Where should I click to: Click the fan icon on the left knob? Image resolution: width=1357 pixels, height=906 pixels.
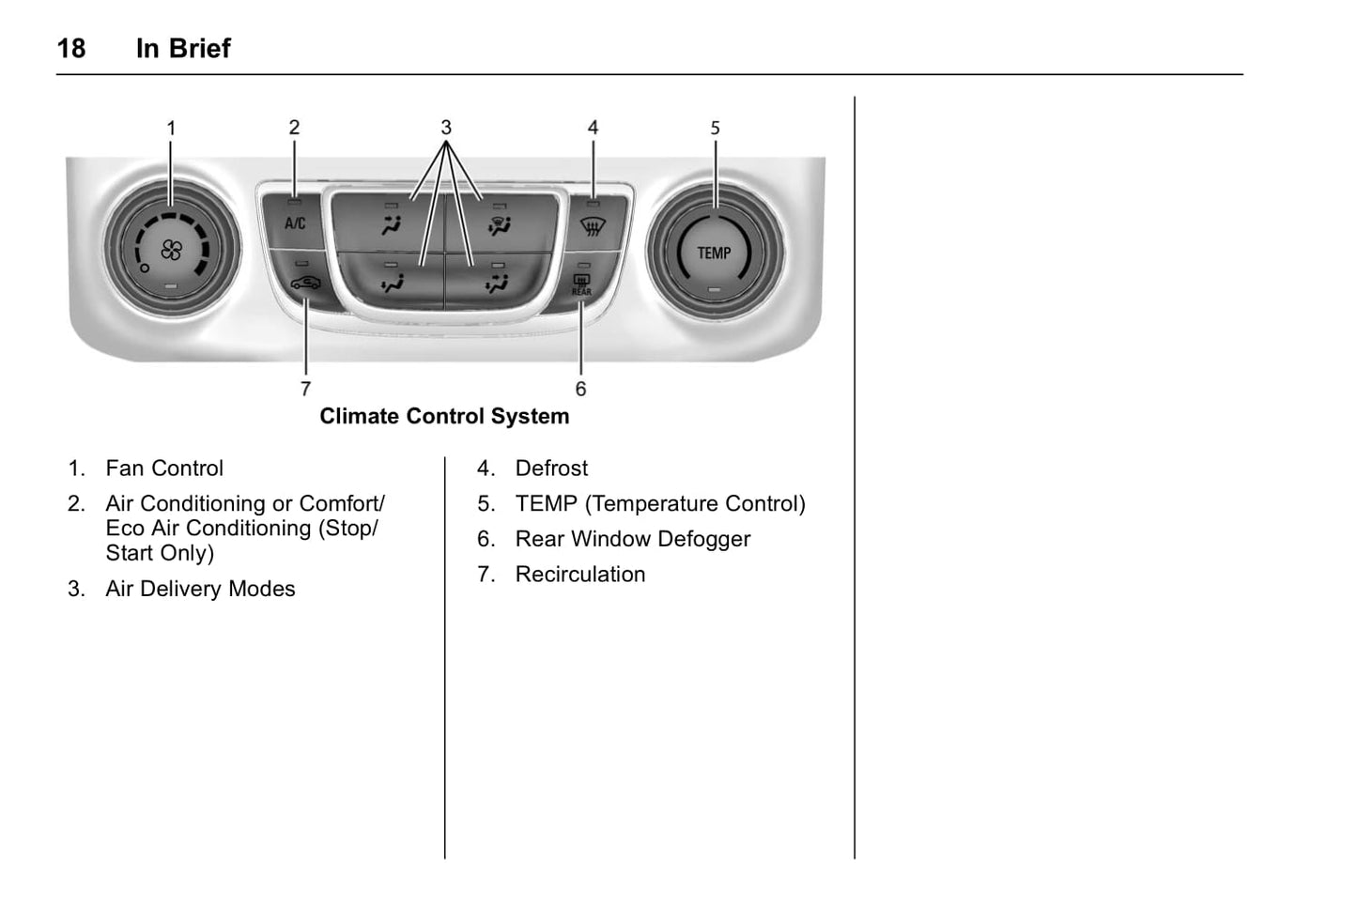click(x=171, y=250)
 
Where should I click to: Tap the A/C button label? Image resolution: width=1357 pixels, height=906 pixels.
click(x=295, y=223)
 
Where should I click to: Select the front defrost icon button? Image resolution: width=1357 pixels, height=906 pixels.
click(x=593, y=226)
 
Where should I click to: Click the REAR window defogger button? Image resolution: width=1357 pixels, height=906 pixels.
click(x=582, y=284)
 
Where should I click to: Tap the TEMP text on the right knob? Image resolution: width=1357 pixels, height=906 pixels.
click(x=714, y=253)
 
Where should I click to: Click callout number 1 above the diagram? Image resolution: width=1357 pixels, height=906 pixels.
click(x=171, y=128)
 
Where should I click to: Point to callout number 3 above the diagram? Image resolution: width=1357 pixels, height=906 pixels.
click(x=446, y=127)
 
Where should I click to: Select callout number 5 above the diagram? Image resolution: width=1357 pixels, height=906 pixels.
click(x=715, y=128)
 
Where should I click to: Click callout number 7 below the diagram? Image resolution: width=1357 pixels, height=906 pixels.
click(x=305, y=389)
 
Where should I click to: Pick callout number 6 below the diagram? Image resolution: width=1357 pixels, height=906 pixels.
click(x=580, y=389)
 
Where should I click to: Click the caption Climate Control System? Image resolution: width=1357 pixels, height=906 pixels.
click(x=444, y=416)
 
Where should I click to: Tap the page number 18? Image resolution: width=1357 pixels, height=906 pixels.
click(x=71, y=49)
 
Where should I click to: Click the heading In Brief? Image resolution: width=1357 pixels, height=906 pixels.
click(x=183, y=49)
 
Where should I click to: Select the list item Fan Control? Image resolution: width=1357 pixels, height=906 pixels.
click(x=164, y=468)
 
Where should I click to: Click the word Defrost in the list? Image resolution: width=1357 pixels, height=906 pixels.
click(x=551, y=468)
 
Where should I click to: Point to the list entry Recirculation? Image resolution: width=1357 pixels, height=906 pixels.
click(x=579, y=575)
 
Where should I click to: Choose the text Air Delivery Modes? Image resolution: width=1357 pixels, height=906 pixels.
click(x=200, y=589)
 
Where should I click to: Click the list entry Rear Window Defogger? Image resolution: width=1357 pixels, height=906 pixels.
click(x=632, y=539)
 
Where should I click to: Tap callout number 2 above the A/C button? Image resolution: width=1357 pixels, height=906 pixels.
click(x=294, y=128)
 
